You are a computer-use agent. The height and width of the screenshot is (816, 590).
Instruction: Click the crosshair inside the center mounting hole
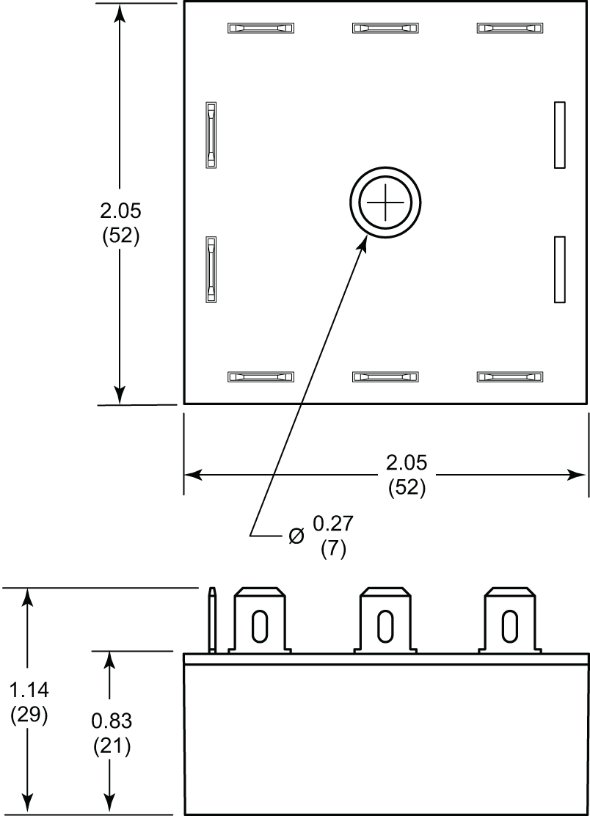pyautogui.click(x=385, y=203)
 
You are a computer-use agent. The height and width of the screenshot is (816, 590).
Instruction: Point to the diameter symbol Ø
pyautogui.click(x=296, y=536)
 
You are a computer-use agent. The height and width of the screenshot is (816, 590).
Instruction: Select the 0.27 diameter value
pyautogui.click(x=333, y=524)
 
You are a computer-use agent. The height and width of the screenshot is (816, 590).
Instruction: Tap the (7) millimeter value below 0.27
pyautogui.click(x=333, y=549)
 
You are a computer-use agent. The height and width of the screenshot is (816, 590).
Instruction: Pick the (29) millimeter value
pyautogui.click(x=29, y=714)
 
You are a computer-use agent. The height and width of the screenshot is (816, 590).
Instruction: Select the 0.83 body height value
pyautogui.click(x=111, y=721)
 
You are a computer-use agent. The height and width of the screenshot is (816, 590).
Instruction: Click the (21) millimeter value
pyautogui.click(x=111, y=746)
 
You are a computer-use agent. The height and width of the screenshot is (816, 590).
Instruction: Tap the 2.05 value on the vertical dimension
pyautogui.click(x=120, y=211)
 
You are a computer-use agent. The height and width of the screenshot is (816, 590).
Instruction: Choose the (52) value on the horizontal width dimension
pyautogui.click(x=407, y=487)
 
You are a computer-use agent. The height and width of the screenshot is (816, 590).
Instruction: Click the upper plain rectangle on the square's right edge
pyautogui.click(x=559, y=135)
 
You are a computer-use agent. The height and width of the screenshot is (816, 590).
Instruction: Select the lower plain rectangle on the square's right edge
pyautogui.click(x=559, y=269)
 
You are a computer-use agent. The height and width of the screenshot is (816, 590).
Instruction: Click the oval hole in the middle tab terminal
pyautogui.click(x=385, y=626)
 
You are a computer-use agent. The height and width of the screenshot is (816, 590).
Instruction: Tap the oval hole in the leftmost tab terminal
pyautogui.click(x=259, y=626)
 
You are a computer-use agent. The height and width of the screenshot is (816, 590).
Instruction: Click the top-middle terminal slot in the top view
pyautogui.click(x=385, y=29)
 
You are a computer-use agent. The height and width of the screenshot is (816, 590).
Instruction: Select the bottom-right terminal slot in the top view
pyautogui.click(x=510, y=377)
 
